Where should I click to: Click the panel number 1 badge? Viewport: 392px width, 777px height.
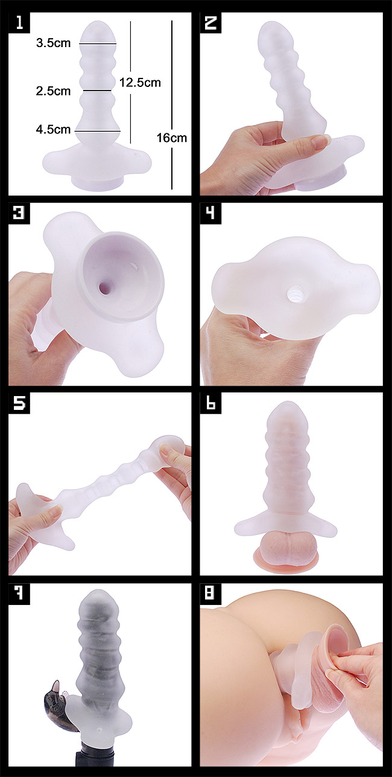coord(19,23)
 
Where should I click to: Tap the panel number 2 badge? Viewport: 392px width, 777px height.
coord(210,23)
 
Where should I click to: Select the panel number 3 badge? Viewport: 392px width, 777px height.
coord(19,213)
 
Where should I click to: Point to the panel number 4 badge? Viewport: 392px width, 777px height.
coord(210,213)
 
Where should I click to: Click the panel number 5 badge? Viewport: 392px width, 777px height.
coord(19,403)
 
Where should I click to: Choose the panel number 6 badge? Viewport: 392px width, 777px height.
coord(210,403)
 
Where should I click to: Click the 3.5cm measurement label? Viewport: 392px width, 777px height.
coord(54,43)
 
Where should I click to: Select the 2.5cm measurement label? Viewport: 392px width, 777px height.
coord(54,91)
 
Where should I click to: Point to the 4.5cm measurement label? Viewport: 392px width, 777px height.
coord(54,130)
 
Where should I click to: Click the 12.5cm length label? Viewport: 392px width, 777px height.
coord(140,83)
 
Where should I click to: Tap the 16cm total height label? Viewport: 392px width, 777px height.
coord(172,138)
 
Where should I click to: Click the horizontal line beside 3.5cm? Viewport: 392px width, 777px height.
coord(98,44)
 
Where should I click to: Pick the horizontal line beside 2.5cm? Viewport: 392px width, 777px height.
coord(96,91)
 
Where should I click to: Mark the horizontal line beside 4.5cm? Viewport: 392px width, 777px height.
coord(98,132)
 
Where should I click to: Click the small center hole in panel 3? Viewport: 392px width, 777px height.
coord(104,287)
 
